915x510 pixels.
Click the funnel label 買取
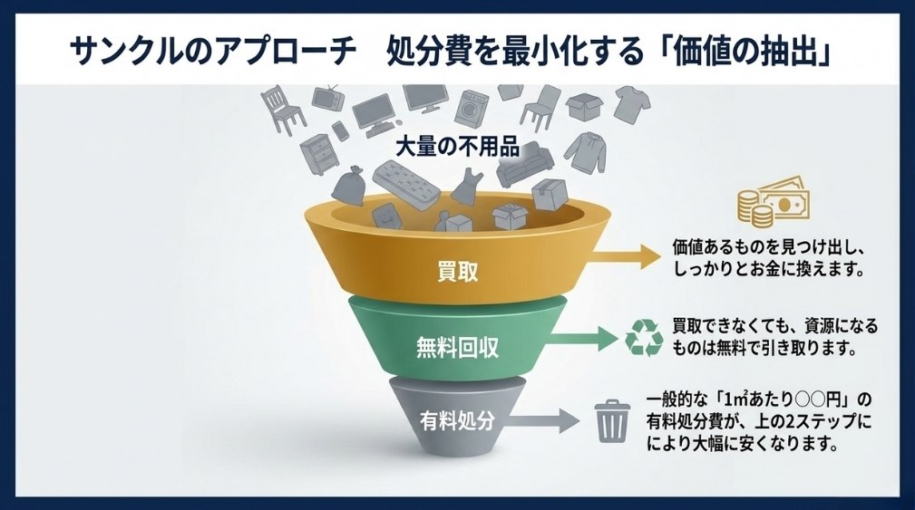pyautogui.click(x=457, y=272)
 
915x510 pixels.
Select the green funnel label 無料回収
pyautogui.click(x=457, y=347)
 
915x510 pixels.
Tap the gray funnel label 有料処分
pyautogui.click(x=457, y=419)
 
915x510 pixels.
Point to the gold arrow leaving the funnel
pyautogui.click(x=624, y=256)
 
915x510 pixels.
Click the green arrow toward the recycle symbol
pyautogui.click(x=582, y=339)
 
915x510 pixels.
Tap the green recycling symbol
pyautogui.click(x=644, y=338)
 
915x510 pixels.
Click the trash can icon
pyautogui.click(x=611, y=420)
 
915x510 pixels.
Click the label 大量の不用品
pyautogui.click(x=457, y=147)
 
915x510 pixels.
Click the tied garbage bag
pyautogui.click(x=348, y=185)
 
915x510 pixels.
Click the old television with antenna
pyautogui.click(x=328, y=97)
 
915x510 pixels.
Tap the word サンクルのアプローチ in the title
pyautogui.click(x=212, y=52)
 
